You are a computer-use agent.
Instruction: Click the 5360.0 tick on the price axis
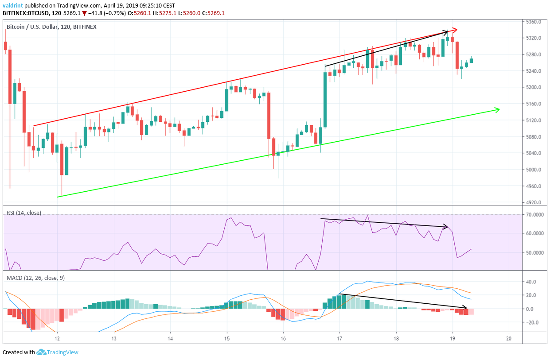pos(535,22)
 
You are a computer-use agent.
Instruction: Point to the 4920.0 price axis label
pos(535,202)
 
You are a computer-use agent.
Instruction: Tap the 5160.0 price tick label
pos(535,104)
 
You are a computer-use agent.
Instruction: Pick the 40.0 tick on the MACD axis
pos(532,282)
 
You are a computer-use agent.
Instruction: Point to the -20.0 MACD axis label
pos(532,322)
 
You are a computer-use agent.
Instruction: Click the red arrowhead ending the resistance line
pos(454,30)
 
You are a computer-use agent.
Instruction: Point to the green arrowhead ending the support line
pos(497,109)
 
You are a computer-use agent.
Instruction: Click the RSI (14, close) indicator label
pos(24,213)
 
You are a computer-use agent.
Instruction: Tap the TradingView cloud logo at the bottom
pos(42,352)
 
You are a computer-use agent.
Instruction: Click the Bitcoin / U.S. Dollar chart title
pos(36,27)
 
